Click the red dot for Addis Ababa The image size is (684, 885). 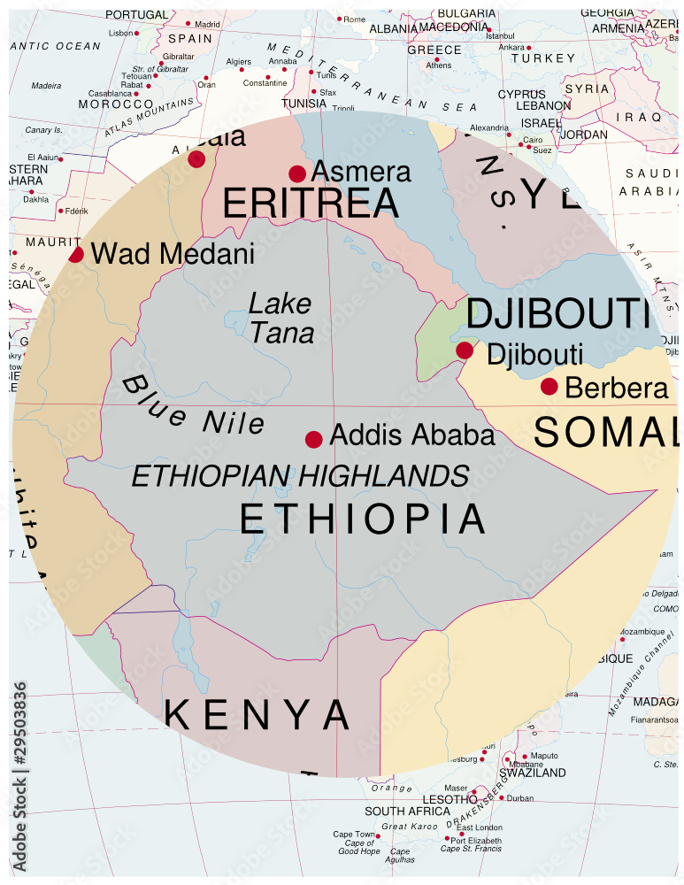tap(313, 440)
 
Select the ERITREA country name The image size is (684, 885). tap(310, 204)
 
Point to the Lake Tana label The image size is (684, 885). tap(281, 318)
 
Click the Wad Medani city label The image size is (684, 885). tap(173, 254)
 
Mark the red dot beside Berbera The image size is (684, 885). tap(549, 387)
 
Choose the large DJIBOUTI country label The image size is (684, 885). tap(558, 314)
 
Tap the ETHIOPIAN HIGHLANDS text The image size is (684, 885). tap(300, 476)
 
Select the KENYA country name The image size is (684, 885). tap(257, 714)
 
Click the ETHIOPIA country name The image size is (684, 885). tap(363, 519)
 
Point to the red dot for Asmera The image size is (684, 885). tap(297, 173)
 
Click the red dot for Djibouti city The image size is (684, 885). tap(465, 350)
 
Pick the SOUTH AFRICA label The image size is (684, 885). tap(407, 811)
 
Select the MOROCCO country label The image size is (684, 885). tap(116, 104)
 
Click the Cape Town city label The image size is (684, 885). tap(354, 835)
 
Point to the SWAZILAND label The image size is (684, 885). tap(534, 773)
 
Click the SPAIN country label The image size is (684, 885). tap(190, 39)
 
